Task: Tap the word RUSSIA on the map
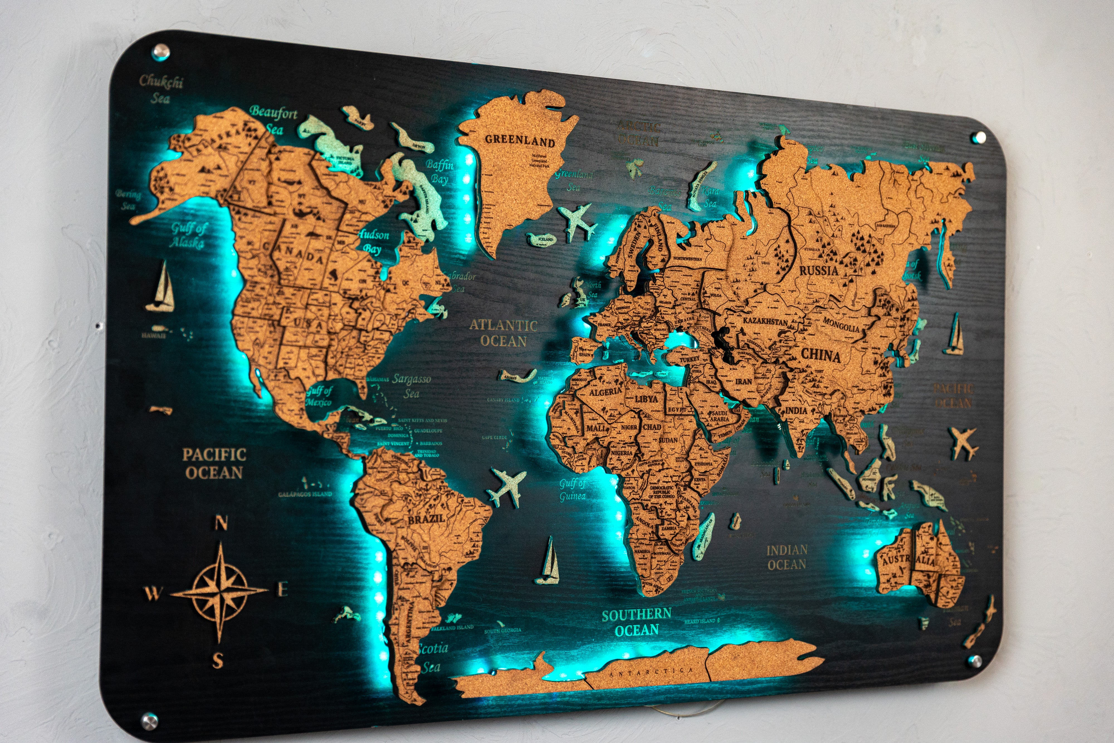(819, 271)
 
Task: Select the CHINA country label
(821, 355)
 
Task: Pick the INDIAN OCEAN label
(787, 557)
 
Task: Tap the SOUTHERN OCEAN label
(637, 622)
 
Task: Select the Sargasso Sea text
(411, 386)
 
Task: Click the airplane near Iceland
(577, 221)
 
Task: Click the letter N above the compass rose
(221, 523)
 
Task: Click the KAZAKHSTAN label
(765, 321)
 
